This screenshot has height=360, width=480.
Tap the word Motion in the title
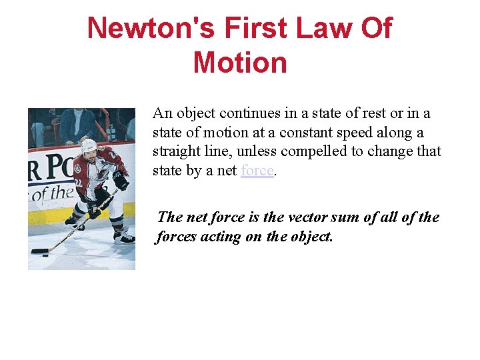click(x=240, y=63)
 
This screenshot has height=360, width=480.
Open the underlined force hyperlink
click(x=257, y=171)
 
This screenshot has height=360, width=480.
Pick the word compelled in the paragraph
click(x=314, y=151)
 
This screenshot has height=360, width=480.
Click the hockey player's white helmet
click(x=89, y=144)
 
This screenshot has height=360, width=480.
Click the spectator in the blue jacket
click(x=76, y=124)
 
